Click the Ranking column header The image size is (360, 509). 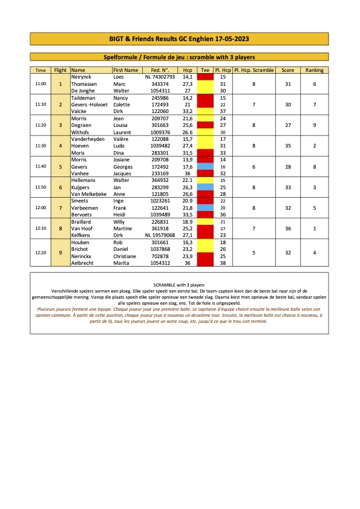coord(315,70)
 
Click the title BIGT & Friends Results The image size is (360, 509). coord(180,39)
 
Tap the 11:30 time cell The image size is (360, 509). coord(41,146)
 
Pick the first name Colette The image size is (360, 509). coord(123,104)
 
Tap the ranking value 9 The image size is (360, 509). coord(315,125)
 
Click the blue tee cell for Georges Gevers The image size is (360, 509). coord(205,166)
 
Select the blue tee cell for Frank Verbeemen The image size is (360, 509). coord(205,208)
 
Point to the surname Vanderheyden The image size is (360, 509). coord(90,139)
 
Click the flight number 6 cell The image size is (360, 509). coord(61,187)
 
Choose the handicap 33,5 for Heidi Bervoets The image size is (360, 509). coord(188,215)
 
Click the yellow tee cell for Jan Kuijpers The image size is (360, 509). coord(205,187)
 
